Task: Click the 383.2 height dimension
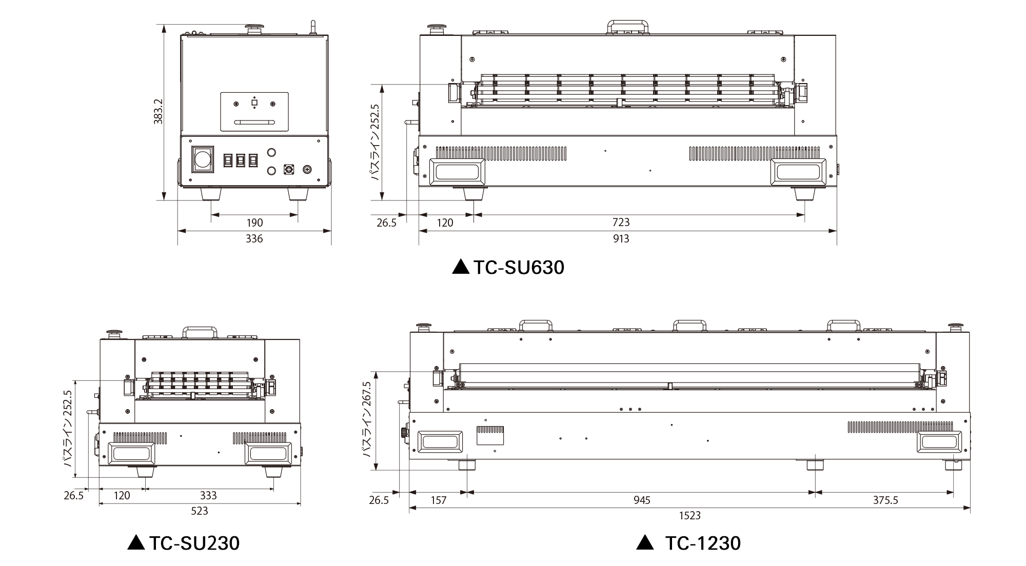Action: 158,111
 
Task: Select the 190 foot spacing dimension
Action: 254,223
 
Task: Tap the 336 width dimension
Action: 254,239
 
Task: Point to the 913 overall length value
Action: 621,239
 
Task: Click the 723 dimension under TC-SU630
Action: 621,223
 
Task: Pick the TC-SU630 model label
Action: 508,268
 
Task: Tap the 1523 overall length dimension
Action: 689,516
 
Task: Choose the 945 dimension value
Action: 641,500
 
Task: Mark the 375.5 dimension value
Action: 885,500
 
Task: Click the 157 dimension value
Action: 438,500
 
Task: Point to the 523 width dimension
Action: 200,511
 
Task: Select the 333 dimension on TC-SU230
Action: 208,496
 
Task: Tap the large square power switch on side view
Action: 202,159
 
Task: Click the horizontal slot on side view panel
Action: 254,122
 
